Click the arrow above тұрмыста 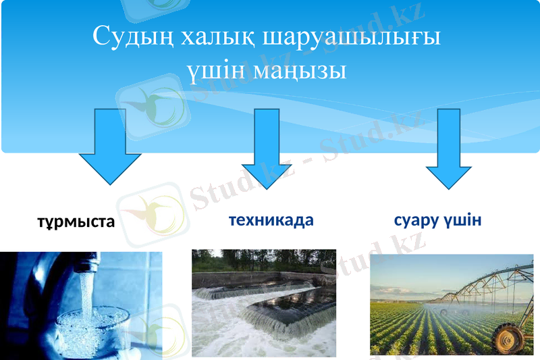click(x=110, y=149)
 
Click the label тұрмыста click(x=76, y=222)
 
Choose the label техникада click(x=271, y=220)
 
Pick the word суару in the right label click(x=414, y=221)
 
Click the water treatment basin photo click(x=264, y=304)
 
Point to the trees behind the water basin click(x=263, y=260)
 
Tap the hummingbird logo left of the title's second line click(x=151, y=108)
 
